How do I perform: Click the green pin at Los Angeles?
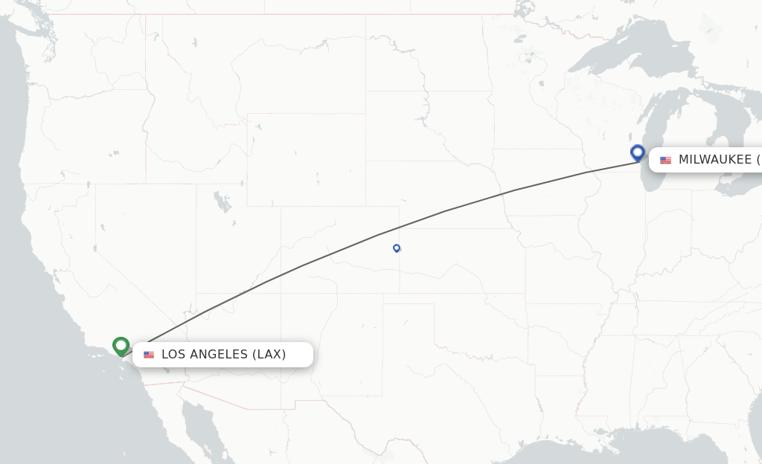coord(121,346)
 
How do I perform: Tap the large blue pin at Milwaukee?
coord(637,152)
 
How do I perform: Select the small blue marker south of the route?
coord(397,248)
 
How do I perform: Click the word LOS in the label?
coord(173,355)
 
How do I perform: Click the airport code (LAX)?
coord(269,355)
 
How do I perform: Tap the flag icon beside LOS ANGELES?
coord(149,355)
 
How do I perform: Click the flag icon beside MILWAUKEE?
coord(665,160)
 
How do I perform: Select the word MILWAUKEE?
coord(714,160)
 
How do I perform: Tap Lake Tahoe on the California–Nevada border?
coord(95,248)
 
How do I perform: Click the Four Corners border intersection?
coord(281,293)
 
